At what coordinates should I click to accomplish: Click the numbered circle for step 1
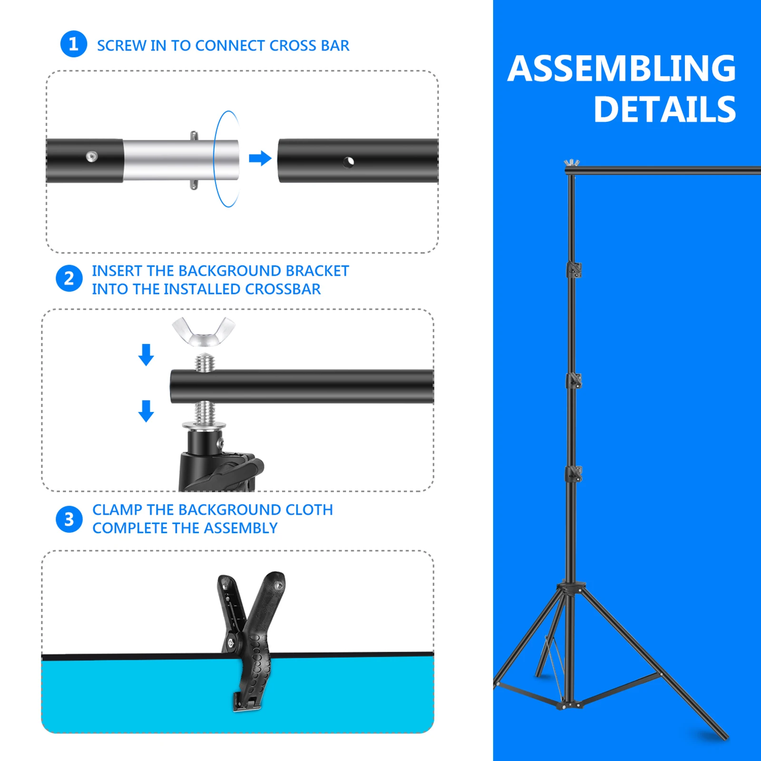74,44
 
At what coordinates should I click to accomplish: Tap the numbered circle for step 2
69,279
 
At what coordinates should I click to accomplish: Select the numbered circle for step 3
69,519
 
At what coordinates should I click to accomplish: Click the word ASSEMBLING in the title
622,68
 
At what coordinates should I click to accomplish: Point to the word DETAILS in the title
665,109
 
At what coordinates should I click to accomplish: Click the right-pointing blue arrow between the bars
260,158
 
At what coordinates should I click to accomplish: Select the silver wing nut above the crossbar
204,332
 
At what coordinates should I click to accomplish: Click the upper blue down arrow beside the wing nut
146,355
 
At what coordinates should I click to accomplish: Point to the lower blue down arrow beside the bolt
146,411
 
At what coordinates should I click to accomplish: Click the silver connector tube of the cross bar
181,160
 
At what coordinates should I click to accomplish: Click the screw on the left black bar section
92,156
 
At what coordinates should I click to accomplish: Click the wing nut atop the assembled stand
572,163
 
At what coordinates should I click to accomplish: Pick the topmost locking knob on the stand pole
574,270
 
